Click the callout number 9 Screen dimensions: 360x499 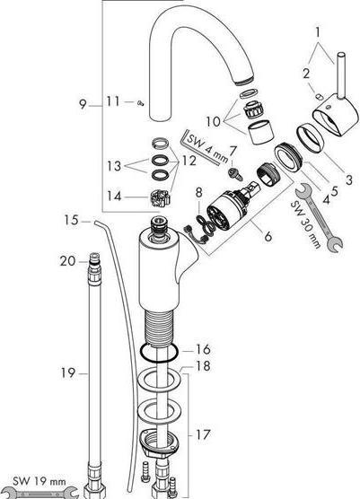pyautogui.click(x=83, y=104)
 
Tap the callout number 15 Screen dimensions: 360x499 pyautogui.click(x=71, y=220)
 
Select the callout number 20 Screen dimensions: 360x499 pyautogui.click(x=68, y=261)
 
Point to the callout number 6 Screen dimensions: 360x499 pyautogui.click(x=268, y=236)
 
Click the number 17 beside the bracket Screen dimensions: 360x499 pyautogui.click(x=203, y=434)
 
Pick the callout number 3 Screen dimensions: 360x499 pyautogui.click(x=349, y=179)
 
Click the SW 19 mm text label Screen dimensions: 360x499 pyautogui.click(x=40, y=481)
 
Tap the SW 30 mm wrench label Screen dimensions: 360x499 pyautogui.click(x=305, y=225)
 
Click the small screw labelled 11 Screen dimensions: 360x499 pyautogui.click(x=140, y=103)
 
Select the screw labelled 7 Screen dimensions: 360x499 pyautogui.click(x=235, y=173)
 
